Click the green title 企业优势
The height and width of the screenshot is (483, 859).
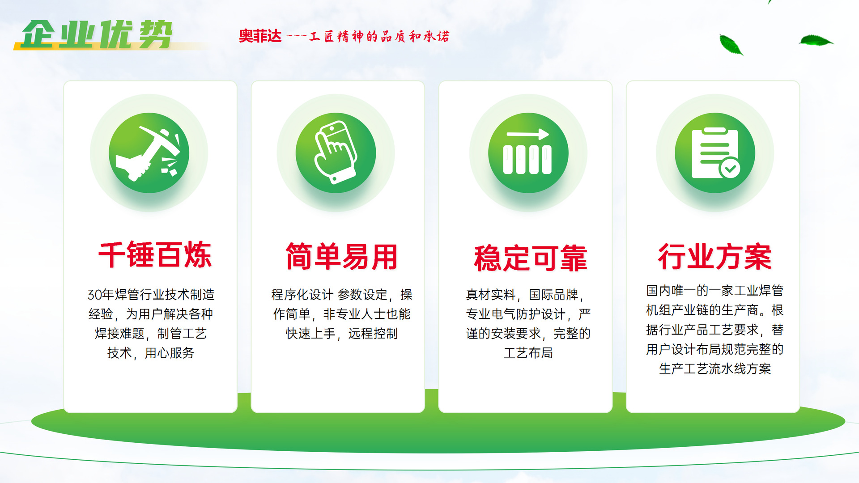[97, 34]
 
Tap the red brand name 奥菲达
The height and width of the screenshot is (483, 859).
[260, 36]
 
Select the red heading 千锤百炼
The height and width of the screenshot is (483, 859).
[155, 255]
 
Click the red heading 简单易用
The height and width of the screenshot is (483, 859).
[341, 257]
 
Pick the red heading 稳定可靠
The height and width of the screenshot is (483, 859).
[530, 258]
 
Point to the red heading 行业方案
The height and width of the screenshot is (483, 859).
[714, 257]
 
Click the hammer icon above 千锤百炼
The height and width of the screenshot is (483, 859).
[149, 153]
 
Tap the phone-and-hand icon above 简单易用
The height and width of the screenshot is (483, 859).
[336, 153]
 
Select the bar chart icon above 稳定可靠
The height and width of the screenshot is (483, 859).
[528, 153]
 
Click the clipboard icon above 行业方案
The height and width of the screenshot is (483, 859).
[714, 153]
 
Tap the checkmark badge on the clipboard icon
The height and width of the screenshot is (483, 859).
[730, 169]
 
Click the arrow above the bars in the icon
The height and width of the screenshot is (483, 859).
[527, 134]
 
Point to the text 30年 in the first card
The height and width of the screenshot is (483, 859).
[101, 295]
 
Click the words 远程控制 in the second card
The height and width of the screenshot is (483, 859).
[373, 334]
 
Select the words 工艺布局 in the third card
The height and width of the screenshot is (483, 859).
[528, 353]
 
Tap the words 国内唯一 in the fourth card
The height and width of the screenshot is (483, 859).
[671, 291]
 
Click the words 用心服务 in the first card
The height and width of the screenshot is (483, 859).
[170, 353]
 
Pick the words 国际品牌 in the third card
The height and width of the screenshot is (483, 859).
[553, 295]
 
